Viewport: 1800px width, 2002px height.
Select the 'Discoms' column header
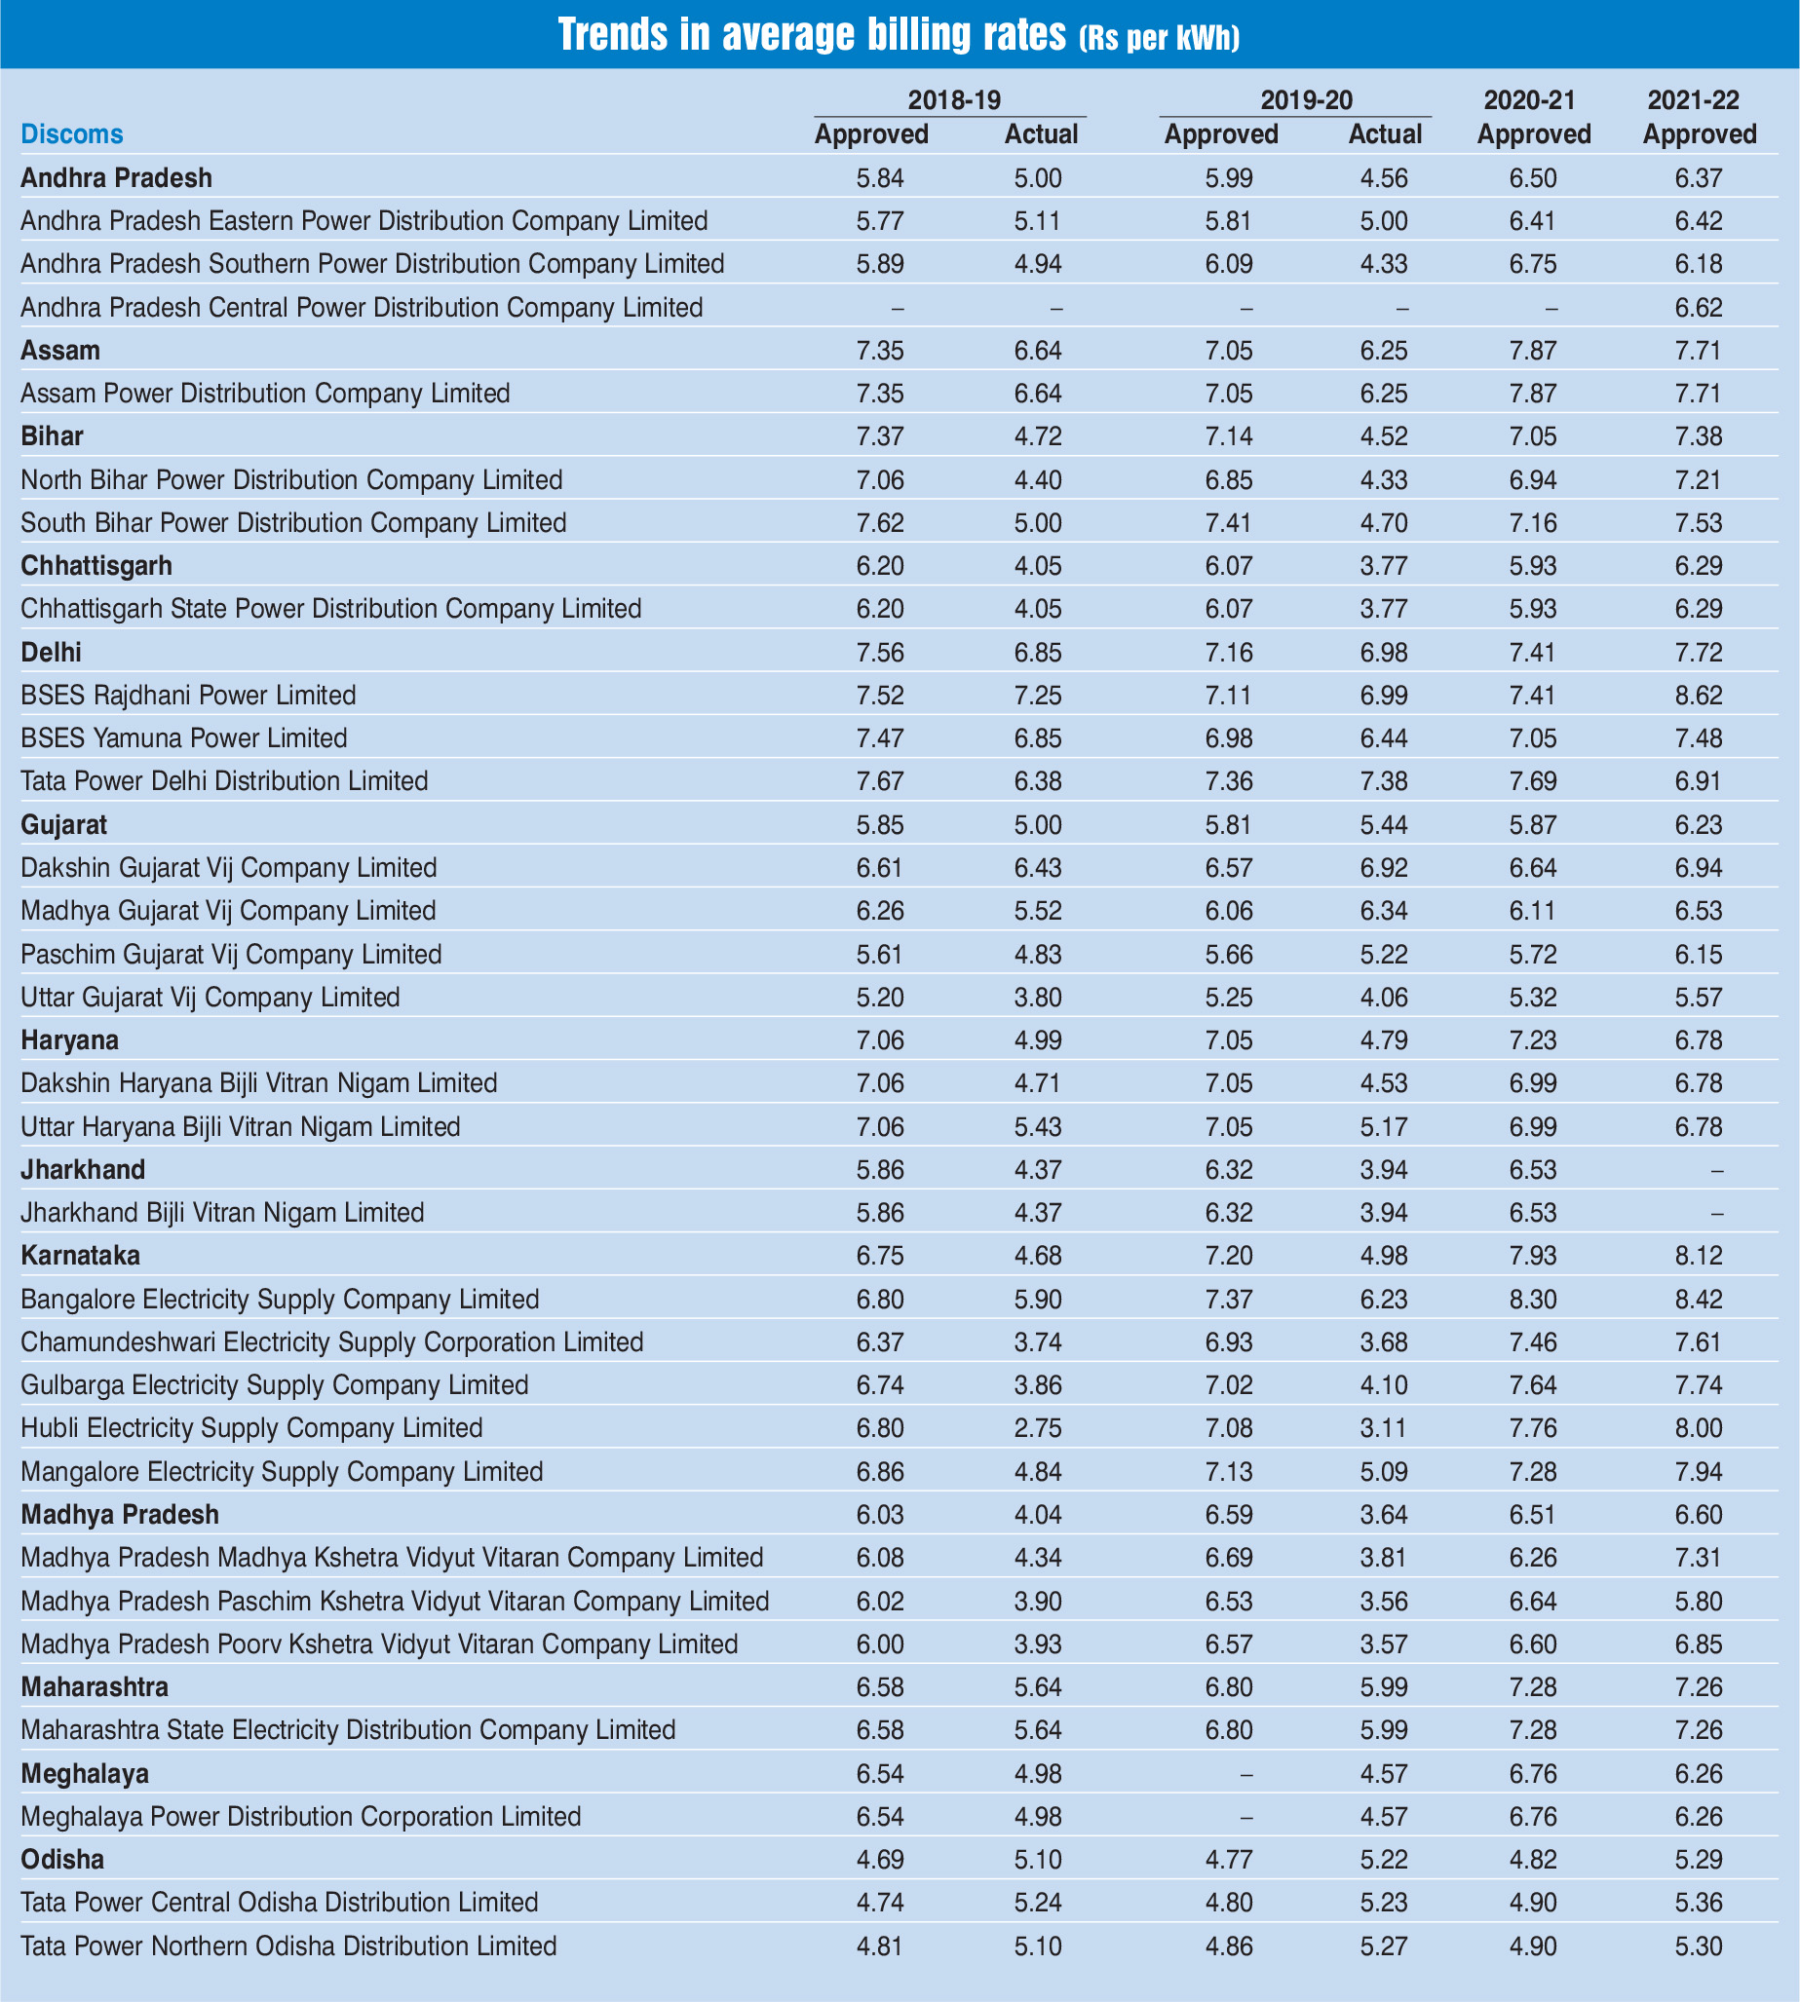click(72, 134)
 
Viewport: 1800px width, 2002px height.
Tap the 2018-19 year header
click(953, 99)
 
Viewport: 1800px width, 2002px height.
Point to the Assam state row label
click(60, 351)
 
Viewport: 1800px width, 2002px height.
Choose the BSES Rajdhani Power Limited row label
click(188, 696)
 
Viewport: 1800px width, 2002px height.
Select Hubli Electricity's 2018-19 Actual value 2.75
click(1039, 1428)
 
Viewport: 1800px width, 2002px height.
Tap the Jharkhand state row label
click(83, 1171)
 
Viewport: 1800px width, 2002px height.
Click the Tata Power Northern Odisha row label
click(288, 1946)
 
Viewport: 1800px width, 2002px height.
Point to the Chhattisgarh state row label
click(96, 566)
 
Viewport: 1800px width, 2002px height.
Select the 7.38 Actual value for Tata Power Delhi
click(1379, 782)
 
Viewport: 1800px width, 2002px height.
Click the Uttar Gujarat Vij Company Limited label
click(211, 998)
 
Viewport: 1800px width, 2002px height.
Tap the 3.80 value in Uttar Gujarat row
click(1039, 998)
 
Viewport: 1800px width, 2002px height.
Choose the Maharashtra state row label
click(95, 1686)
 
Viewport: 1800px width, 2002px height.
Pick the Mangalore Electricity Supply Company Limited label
click(282, 1472)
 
